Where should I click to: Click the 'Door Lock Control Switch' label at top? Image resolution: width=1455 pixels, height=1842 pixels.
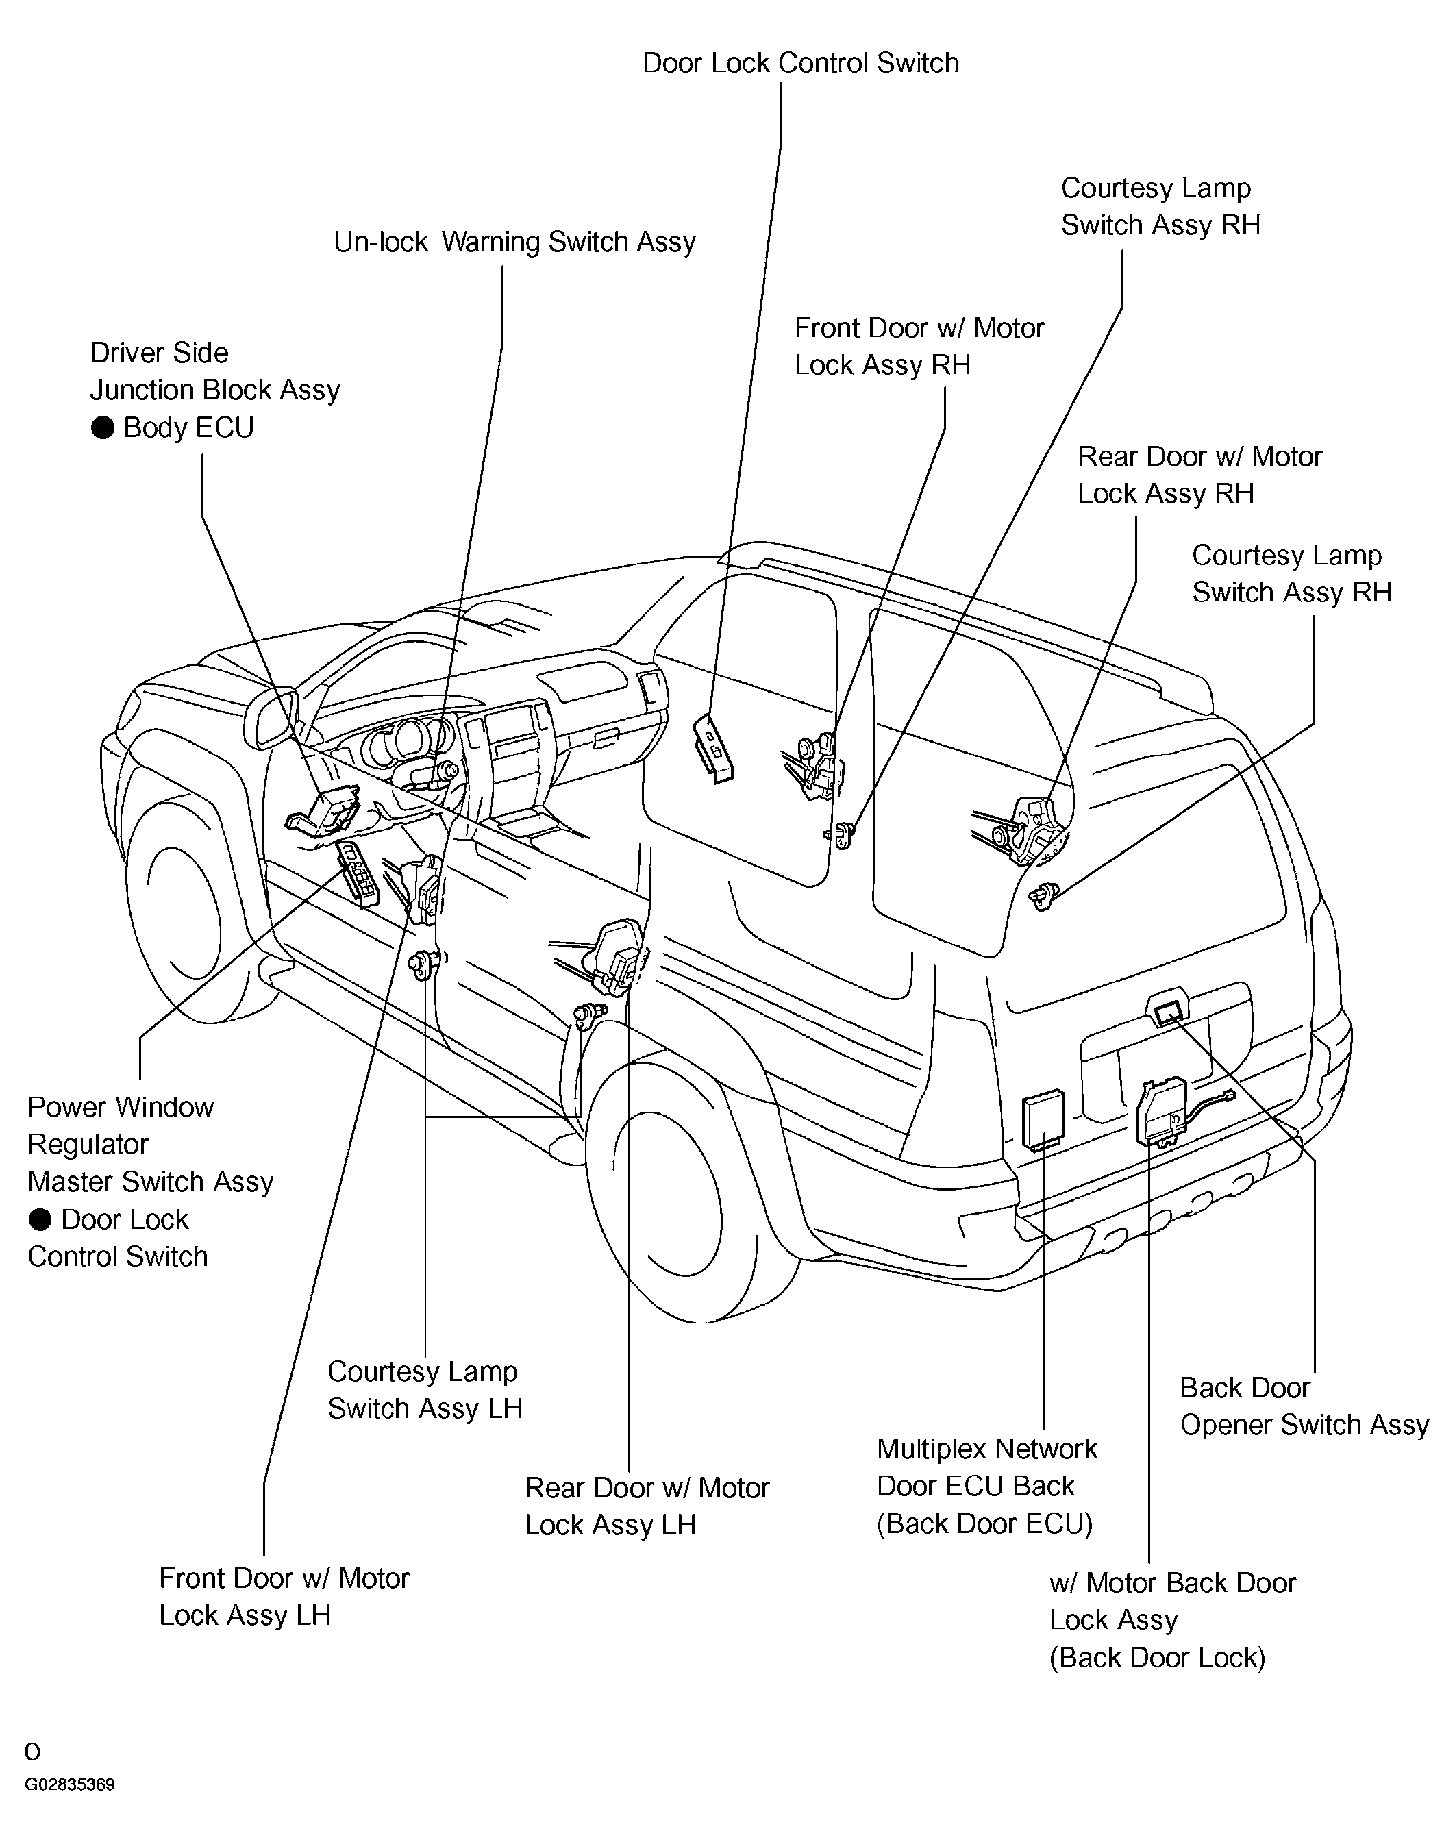[800, 63]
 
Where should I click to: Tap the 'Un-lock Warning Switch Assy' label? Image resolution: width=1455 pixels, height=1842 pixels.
[514, 242]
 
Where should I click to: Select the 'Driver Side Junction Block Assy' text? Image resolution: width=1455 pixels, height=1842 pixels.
[214, 371]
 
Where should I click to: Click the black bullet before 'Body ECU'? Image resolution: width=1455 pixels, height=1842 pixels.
[102, 427]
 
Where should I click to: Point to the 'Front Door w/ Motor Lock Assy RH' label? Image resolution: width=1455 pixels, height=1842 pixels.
[919, 347]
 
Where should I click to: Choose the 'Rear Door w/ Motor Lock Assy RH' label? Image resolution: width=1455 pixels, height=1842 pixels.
[1199, 475]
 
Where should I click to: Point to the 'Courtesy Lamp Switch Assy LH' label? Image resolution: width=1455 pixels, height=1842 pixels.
[424, 1391]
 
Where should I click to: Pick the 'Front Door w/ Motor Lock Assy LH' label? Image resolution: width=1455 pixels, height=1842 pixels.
[284, 1597]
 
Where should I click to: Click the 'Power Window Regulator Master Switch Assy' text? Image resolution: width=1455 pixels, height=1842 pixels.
[150, 1144]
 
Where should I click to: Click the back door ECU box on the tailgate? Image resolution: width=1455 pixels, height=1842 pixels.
[1043, 1119]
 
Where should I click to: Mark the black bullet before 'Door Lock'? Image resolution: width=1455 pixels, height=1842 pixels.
[40, 1220]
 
